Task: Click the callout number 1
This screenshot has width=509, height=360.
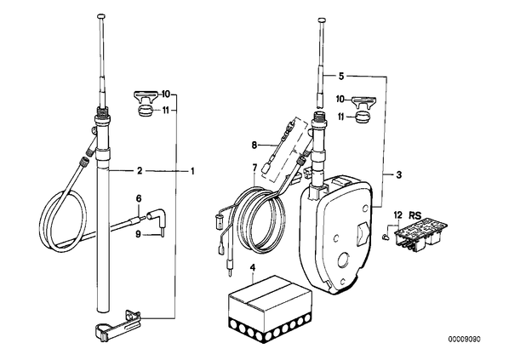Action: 192,171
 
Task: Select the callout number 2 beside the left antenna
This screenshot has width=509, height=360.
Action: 140,171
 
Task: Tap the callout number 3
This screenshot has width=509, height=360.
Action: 399,174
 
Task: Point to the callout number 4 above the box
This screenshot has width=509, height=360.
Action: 253,268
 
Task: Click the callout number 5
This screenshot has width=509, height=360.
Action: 340,77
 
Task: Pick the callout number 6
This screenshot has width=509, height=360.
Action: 139,198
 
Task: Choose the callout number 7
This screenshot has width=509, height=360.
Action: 254,168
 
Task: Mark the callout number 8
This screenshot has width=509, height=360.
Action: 254,145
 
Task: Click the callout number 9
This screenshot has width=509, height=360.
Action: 138,234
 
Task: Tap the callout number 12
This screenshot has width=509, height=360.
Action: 398,215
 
